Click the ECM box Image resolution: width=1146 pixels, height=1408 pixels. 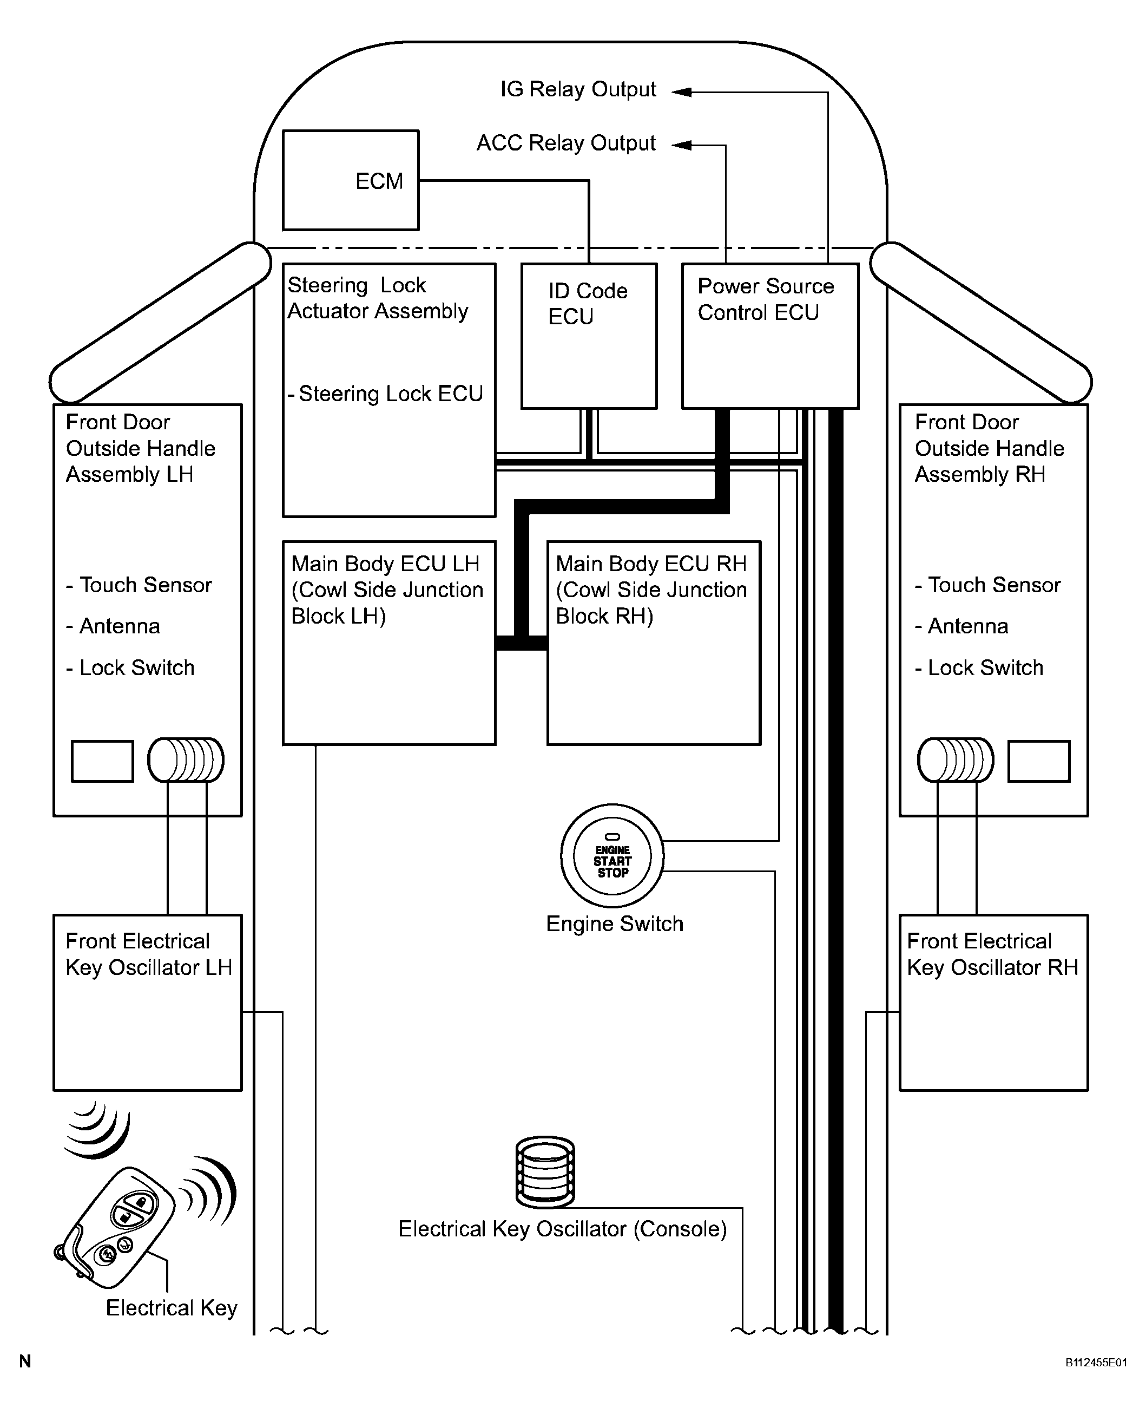[x=351, y=180]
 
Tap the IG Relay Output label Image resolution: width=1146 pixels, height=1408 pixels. [x=578, y=89]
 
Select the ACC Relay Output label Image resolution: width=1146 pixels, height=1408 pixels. [x=566, y=143]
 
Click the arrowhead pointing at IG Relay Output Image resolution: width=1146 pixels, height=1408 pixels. [x=682, y=92]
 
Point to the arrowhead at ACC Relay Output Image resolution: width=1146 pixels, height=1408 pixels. [x=682, y=145]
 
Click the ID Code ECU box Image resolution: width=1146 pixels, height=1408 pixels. [x=588, y=336]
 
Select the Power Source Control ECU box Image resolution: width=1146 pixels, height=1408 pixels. [x=770, y=336]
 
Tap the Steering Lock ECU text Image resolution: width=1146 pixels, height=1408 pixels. [x=390, y=394]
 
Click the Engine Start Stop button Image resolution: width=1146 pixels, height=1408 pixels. [x=612, y=856]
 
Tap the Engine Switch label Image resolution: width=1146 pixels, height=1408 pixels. [x=614, y=924]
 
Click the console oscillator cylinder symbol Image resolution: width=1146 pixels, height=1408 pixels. [x=545, y=1171]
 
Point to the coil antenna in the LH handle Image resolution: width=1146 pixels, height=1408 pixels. [x=186, y=760]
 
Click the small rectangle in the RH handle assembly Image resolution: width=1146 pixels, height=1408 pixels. [x=1038, y=761]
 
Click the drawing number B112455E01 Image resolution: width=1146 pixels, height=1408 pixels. [x=1096, y=1362]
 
